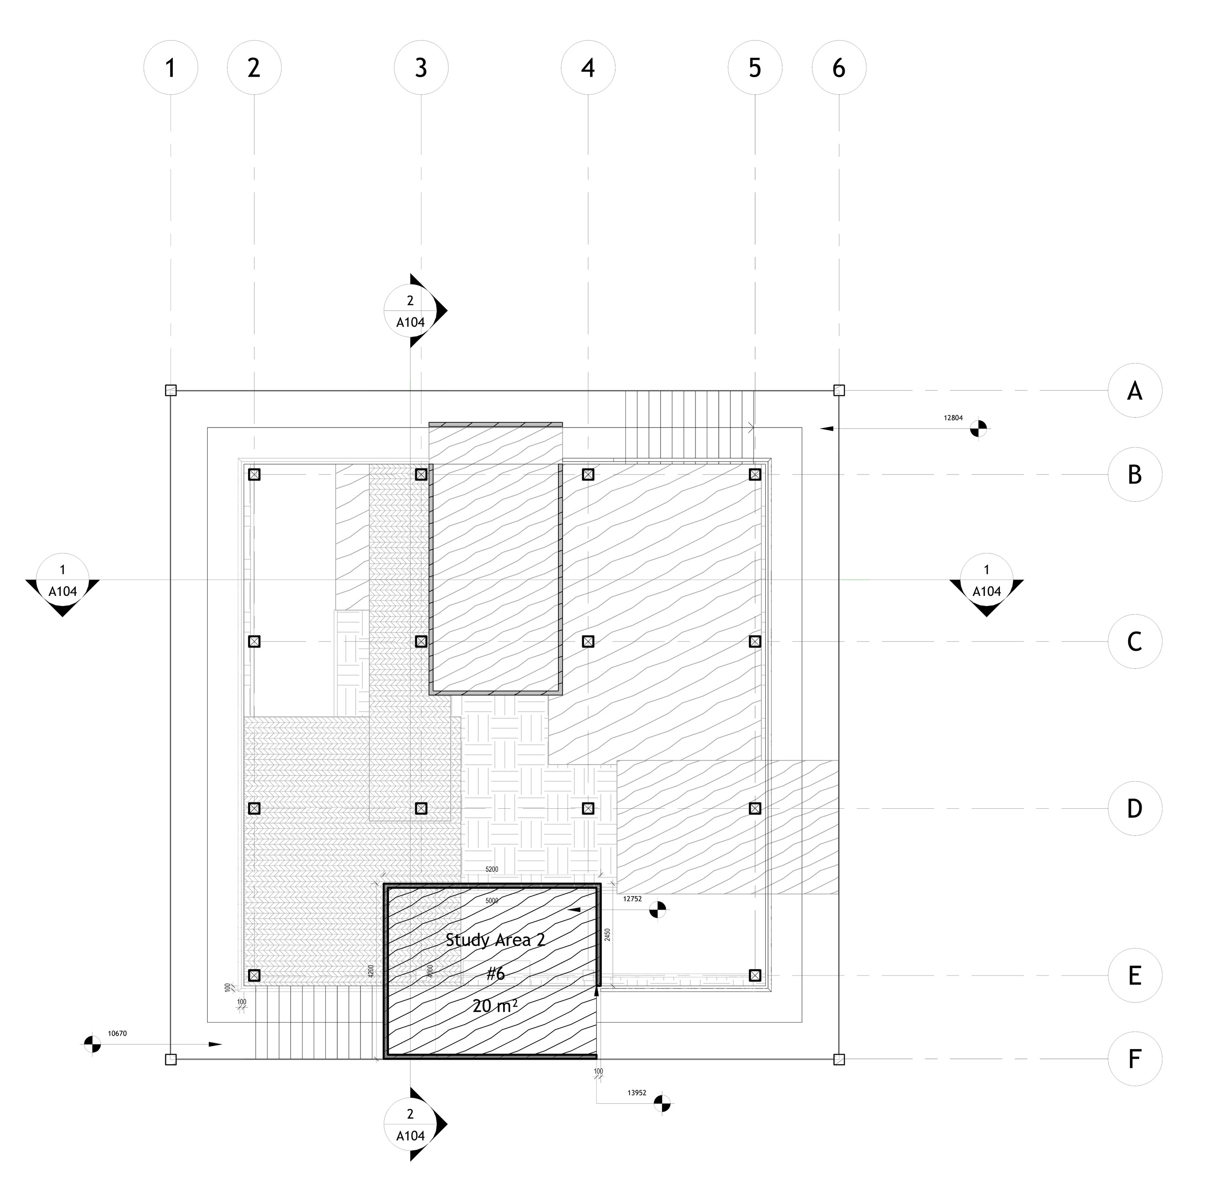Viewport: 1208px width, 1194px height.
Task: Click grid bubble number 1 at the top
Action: pos(170,67)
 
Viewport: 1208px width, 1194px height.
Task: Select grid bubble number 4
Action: pos(588,67)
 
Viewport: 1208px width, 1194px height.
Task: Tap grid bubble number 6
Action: pos(839,67)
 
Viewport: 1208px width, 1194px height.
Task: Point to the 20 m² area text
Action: pos(494,1006)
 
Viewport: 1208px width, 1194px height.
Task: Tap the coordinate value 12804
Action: pos(953,417)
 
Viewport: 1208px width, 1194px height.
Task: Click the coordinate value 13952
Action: pos(637,1093)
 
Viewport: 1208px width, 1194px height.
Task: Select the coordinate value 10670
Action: pos(117,1033)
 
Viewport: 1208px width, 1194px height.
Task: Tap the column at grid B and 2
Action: pos(254,475)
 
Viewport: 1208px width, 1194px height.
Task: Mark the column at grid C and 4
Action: pos(588,641)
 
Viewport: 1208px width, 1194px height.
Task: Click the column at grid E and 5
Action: pos(755,975)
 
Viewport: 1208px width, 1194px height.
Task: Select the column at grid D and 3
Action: pos(421,809)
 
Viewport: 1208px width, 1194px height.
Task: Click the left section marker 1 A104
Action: pos(63,581)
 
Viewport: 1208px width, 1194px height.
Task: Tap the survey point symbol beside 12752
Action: pos(657,910)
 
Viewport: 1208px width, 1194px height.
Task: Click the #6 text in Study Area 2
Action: pos(496,973)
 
